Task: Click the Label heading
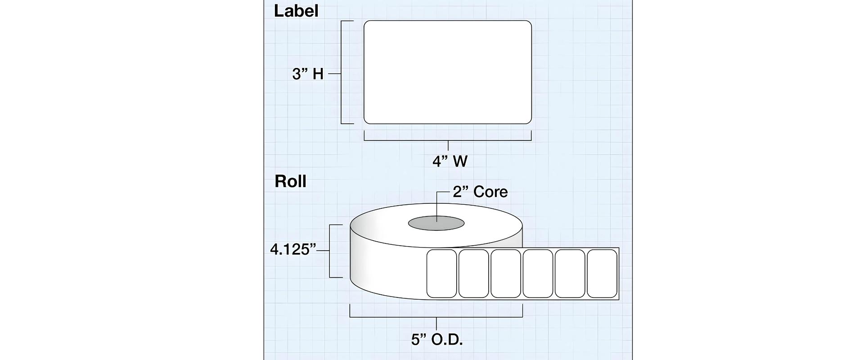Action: [296, 11]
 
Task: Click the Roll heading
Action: [290, 181]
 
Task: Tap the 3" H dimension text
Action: [308, 74]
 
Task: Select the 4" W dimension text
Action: [450, 161]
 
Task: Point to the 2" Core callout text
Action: [480, 192]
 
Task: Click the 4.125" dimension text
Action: [293, 249]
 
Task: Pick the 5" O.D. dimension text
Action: [437, 340]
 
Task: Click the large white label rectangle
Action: [448, 72]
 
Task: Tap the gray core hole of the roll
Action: [436, 223]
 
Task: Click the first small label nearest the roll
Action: [441, 274]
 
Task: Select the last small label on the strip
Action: [602, 274]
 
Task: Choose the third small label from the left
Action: [506, 274]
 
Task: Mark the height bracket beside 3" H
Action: [342, 72]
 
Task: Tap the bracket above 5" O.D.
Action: [436, 317]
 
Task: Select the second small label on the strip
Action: [474, 274]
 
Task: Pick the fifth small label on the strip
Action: [570, 274]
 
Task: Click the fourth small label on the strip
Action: [538, 274]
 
